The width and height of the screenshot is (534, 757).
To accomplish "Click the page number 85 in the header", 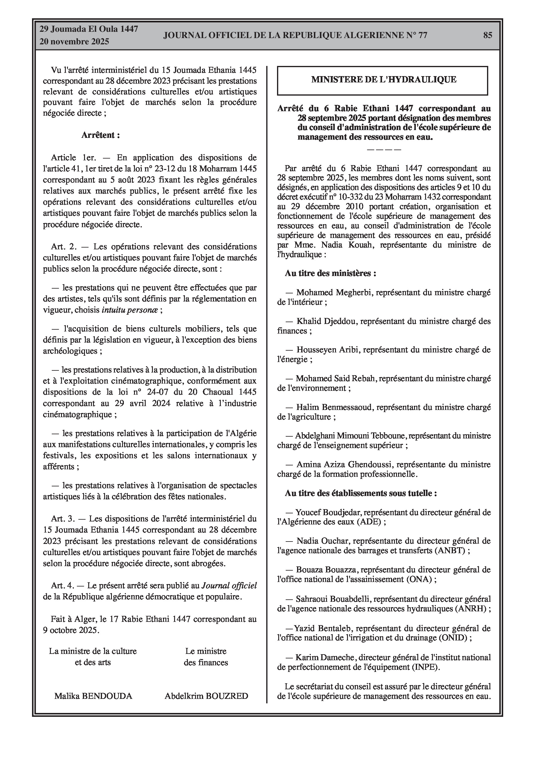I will tap(488, 35).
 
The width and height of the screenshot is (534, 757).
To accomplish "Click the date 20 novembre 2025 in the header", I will tap(74, 42).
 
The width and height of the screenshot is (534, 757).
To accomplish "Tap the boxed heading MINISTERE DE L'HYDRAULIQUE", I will tap(384, 79).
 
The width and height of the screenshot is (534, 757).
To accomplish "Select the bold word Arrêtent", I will tap(99, 135).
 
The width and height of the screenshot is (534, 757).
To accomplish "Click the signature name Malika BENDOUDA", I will tap(93, 696).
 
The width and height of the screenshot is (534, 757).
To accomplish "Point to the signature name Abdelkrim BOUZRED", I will tap(206, 696).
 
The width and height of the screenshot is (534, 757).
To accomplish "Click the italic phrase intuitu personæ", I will tap(130, 310).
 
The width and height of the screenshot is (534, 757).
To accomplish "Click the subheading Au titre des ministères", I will tap(330, 273).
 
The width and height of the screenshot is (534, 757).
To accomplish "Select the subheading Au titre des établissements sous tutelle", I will tap(361, 493).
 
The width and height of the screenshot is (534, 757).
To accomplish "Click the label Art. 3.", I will tap(63, 519).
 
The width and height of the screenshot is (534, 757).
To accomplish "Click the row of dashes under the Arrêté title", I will tap(384, 149).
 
